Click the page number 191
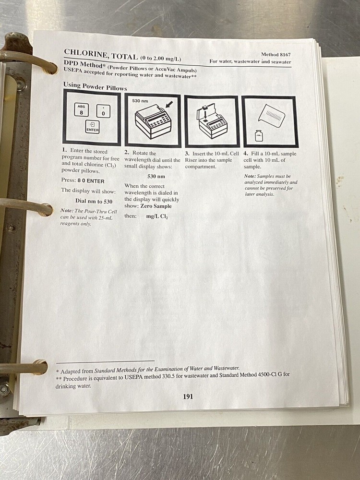point(188,396)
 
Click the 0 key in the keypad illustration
point(103,112)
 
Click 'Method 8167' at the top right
point(276,55)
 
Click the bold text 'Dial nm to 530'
point(94,201)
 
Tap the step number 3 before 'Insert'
point(187,153)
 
